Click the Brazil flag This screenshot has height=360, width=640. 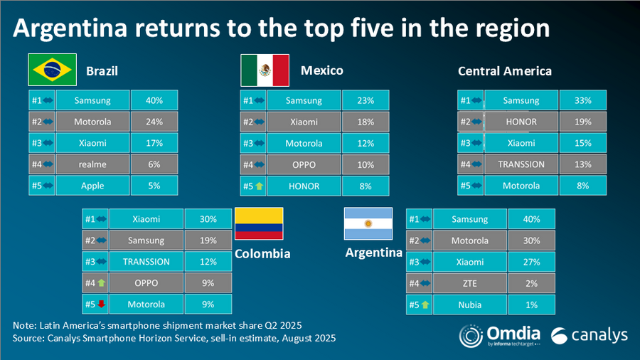51,70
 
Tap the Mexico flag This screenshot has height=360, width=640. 265,70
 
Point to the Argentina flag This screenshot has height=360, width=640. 368,223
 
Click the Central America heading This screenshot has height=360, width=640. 505,70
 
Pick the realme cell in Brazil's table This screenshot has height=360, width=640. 92,164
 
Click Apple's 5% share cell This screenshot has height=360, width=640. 154,186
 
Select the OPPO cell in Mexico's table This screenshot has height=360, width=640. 303,164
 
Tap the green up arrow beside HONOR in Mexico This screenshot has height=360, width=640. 260,186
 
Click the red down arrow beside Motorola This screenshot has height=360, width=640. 102,305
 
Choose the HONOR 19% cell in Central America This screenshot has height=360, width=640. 583,122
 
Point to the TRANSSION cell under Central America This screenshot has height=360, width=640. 521,164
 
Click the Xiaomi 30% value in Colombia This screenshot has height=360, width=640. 208,219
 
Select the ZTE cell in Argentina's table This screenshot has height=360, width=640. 470,283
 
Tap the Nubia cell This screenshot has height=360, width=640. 470,305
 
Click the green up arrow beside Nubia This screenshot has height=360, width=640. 425,305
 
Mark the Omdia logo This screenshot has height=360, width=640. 498,335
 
